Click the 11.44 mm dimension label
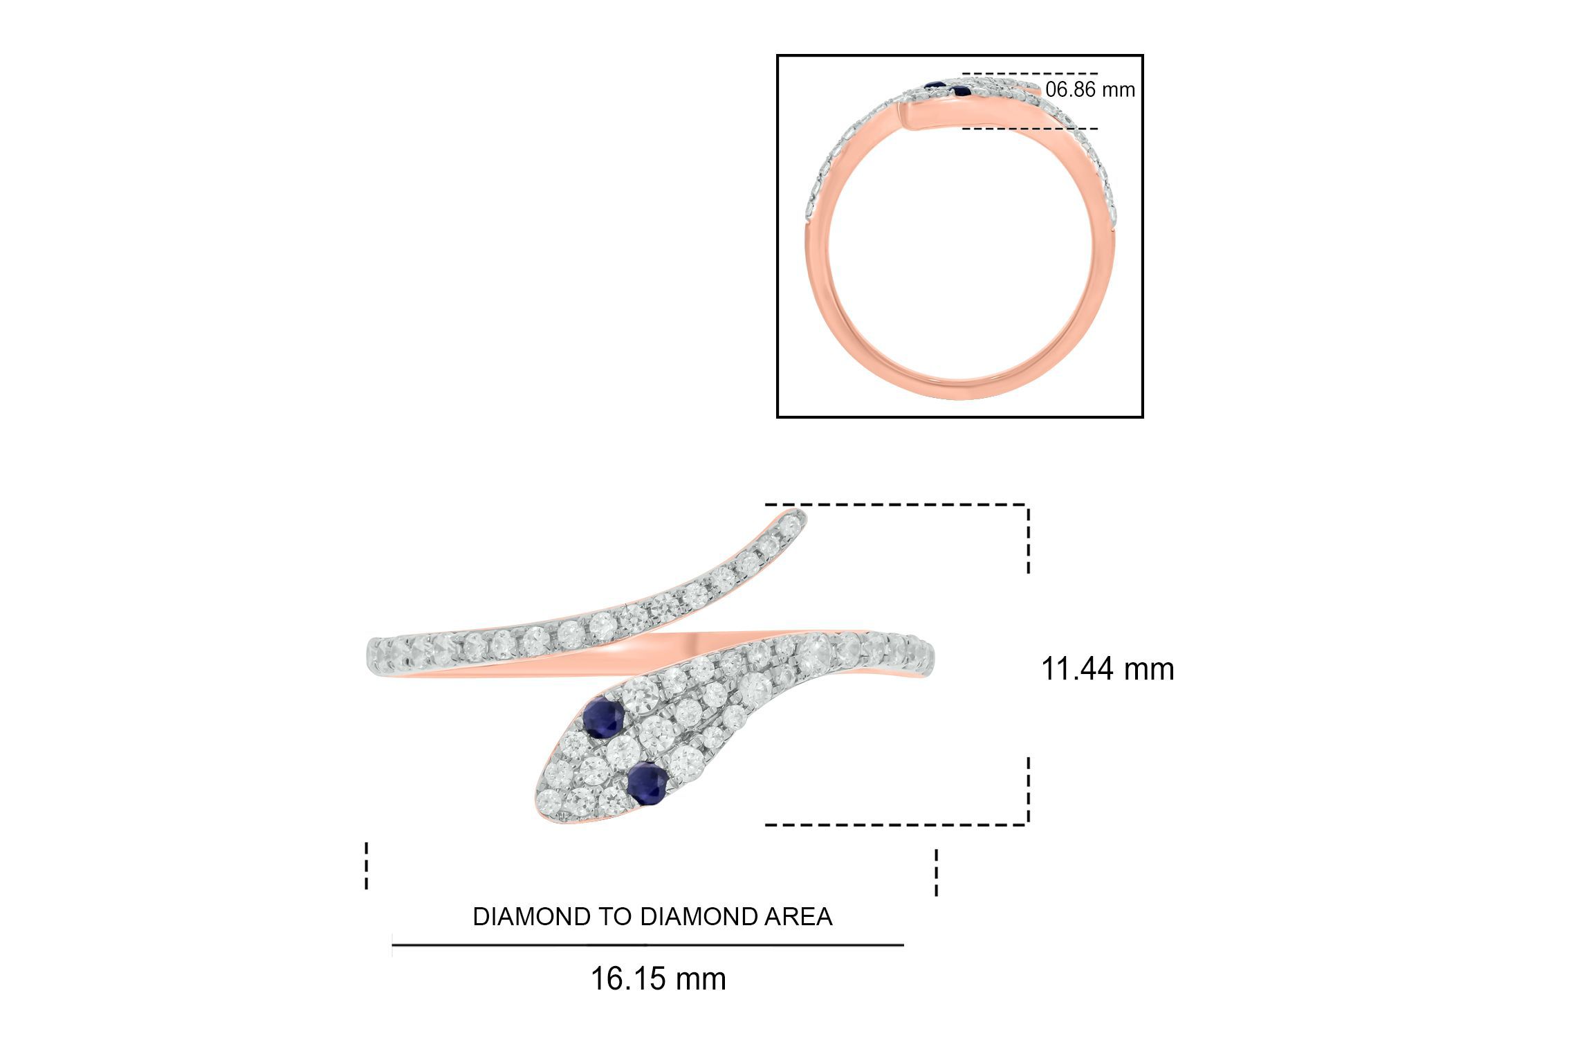pyautogui.click(x=1107, y=669)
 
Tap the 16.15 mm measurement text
pyautogui.click(x=658, y=978)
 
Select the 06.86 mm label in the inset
pyautogui.click(x=1089, y=90)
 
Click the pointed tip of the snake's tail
pyautogui.click(x=801, y=513)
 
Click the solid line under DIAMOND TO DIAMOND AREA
pyautogui.click(x=647, y=945)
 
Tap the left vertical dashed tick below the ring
pyautogui.click(x=367, y=865)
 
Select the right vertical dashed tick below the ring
pyautogui.click(x=937, y=872)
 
